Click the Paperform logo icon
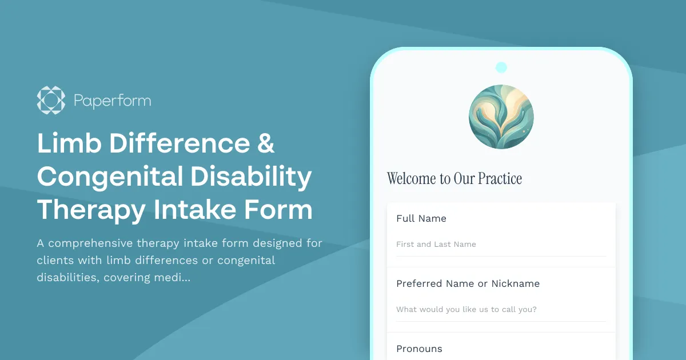[x=51, y=101]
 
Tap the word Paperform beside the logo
[x=113, y=101]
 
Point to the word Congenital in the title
[x=109, y=177]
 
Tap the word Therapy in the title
[x=91, y=210]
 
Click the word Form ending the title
[x=278, y=210]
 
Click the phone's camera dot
[x=501, y=67]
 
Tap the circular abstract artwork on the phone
[x=501, y=117]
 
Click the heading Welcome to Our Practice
[x=454, y=178]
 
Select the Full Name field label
[x=421, y=218]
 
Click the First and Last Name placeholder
[x=436, y=244]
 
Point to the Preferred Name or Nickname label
[x=468, y=283]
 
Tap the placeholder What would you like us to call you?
[x=466, y=309]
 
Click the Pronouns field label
[x=419, y=349]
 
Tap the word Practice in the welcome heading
[x=500, y=178]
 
